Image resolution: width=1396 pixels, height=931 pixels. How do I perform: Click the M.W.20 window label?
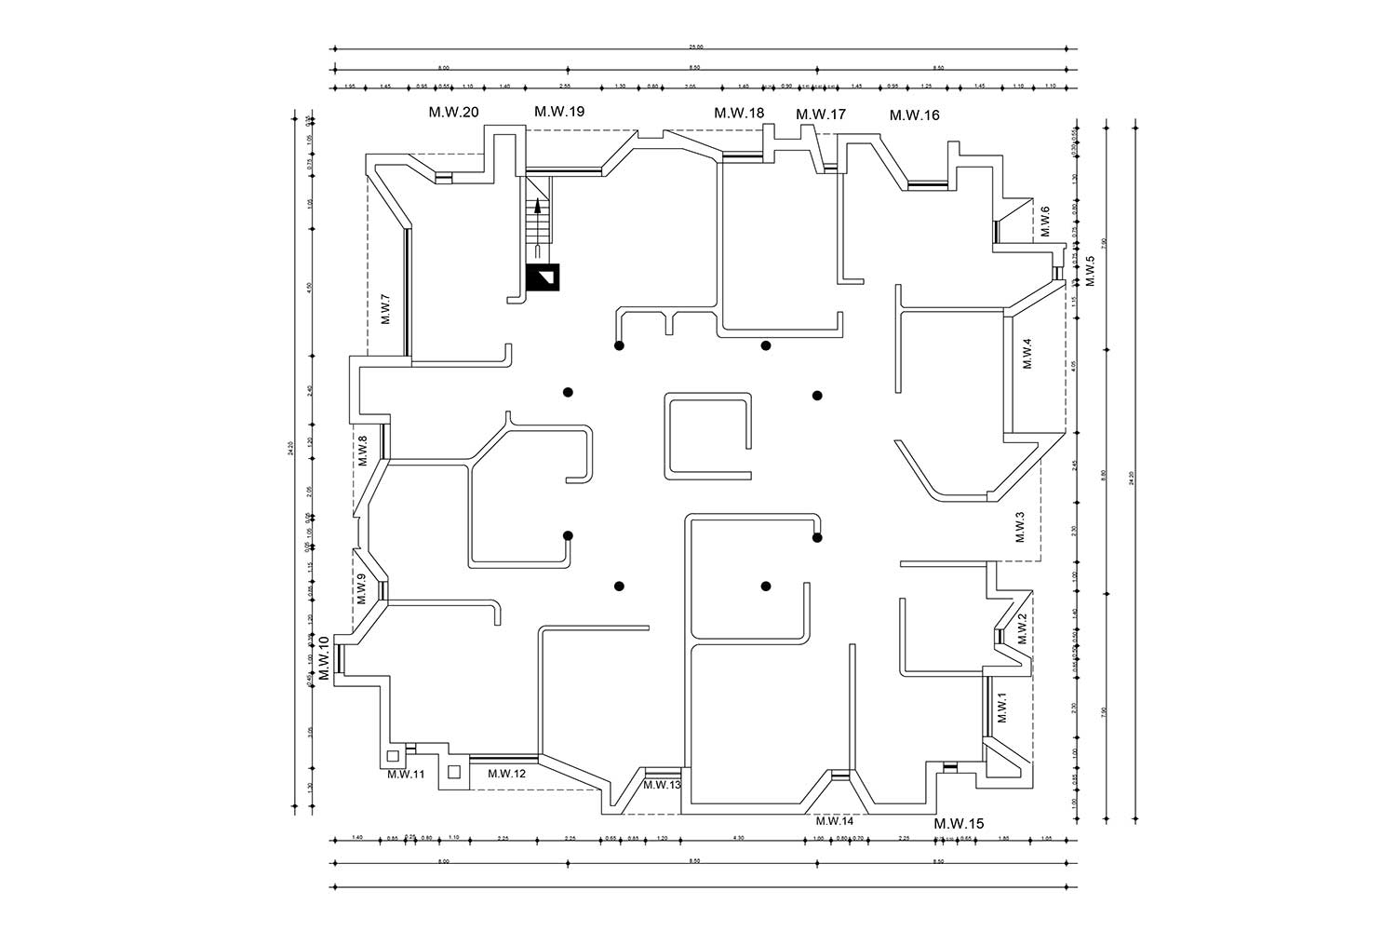pyautogui.click(x=453, y=113)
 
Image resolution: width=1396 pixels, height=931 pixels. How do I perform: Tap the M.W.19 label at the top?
pyautogui.click(x=558, y=112)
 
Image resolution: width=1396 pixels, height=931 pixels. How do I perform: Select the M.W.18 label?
pyautogui.click(x=739, y=113)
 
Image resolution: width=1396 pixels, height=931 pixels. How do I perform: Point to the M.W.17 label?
pyautogui.click(x=821, y=115)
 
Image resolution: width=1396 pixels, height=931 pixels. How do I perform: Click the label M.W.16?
pyautogui.click(x=914, y=115)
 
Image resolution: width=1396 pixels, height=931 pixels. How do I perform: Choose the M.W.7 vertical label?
pyautogui.click(x=386, y=309)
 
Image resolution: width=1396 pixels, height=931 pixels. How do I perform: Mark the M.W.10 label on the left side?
pyautogui.click(x=324, y=659)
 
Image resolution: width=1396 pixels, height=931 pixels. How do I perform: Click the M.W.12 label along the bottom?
pyautogui.click(x=506, y=774)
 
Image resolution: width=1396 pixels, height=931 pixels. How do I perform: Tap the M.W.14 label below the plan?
pyautogui.click(x=834, y=821)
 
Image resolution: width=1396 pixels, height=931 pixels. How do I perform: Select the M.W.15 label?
pyautogui.click(x=959, y=824)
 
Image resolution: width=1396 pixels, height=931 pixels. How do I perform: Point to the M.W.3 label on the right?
pyautogui.click(x=1019, y=527)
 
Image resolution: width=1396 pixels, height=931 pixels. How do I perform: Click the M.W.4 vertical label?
pyautogui.click(x=1027, y=354)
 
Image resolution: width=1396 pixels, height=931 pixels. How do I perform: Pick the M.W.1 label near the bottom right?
pyautogui.click(x=1002, y=708)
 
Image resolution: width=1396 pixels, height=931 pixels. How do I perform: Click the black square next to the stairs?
pyautogui.click(x=543, y=278)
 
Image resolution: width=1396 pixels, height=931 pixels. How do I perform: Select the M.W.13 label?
pyautogui.click(x=662, y=786)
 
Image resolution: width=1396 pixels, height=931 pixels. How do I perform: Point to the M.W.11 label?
pyautogui.click(x=406, y=774)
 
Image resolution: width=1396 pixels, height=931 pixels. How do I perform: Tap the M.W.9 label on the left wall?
pyautogui.click(x=361, y=588)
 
